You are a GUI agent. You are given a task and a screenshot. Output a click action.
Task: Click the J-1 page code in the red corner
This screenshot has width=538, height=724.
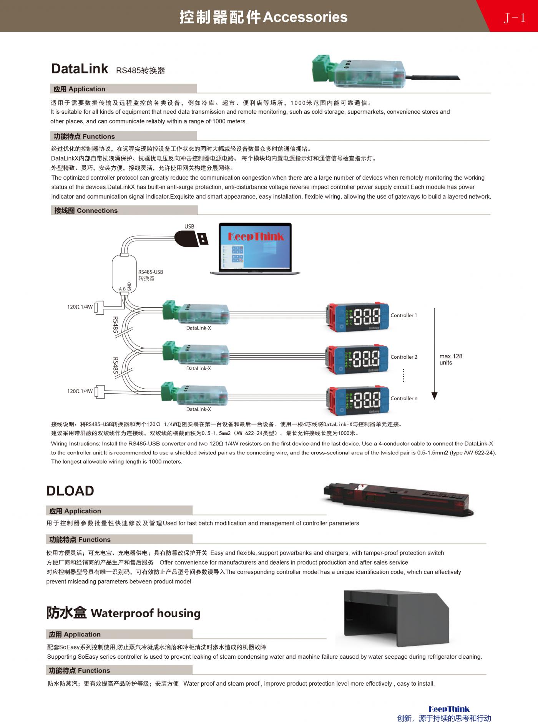tap(514, 18)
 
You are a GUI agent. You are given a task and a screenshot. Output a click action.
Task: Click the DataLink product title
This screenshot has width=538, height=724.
tap(80, 69)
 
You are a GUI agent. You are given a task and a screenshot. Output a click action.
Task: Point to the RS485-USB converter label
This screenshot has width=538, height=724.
tap(150, 275)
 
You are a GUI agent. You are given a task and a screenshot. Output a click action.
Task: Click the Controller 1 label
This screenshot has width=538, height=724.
tap(403, 315)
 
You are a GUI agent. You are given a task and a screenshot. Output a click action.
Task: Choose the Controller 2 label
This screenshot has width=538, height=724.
tap(403, 357)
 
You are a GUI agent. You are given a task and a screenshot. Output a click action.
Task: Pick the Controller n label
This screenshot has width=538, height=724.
tap(403, 398)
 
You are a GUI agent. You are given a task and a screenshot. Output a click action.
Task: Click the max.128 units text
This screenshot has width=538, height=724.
tap(450, 359)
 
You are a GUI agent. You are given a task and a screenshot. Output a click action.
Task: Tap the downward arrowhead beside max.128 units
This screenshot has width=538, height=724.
tap(435, 396)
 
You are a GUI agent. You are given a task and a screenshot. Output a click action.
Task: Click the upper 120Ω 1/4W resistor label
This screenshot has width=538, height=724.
tap(80, 307)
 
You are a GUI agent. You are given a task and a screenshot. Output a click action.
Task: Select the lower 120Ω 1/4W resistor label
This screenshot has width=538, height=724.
tap(80, 391)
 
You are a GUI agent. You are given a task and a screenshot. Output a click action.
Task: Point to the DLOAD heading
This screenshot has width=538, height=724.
tap(70, 491)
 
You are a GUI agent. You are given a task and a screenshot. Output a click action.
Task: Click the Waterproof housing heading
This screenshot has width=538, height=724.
tap(123, 613)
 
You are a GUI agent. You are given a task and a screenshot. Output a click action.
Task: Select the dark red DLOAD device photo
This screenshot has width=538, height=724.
tap(398, 498)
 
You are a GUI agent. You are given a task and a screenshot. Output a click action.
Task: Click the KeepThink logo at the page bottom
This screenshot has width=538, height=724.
tap(449, 709)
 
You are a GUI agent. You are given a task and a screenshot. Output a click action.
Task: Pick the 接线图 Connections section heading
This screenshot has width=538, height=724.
tap(86, 210)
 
